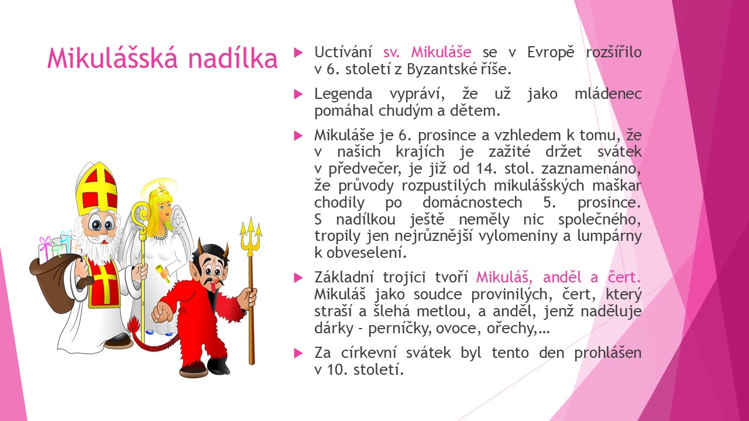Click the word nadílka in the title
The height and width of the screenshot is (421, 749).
[233, 58]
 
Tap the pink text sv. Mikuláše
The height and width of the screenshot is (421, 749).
[427, 52]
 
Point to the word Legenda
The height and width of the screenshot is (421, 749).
[343, 94]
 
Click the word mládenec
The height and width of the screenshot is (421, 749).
[608, 94]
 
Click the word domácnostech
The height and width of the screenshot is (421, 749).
[472, 202]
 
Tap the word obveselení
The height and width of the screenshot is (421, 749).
[366, 253]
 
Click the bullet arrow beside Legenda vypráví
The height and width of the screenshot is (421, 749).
[298, 95]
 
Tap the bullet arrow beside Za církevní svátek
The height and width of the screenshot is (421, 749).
[298, 353]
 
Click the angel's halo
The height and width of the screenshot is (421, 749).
[159, 188]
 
